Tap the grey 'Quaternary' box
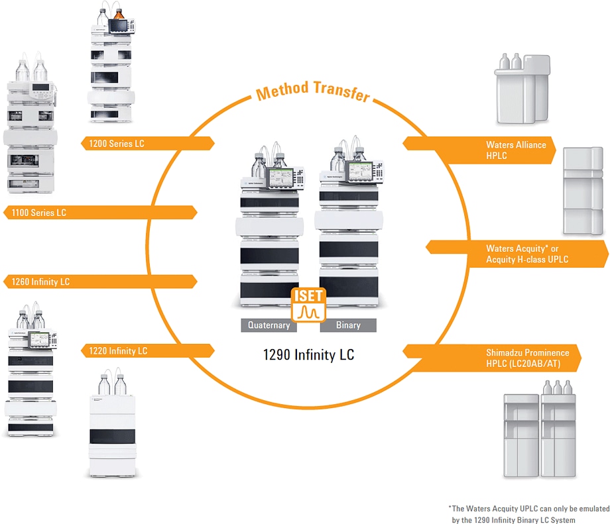coord(269,325)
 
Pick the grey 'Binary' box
coord(348,325)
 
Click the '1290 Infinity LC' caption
coord(308,355)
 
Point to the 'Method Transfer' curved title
coord(312,91)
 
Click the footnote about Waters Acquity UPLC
coord(528,514)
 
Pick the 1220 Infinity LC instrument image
coord(112,427)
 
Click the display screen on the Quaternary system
coord(282,178)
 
